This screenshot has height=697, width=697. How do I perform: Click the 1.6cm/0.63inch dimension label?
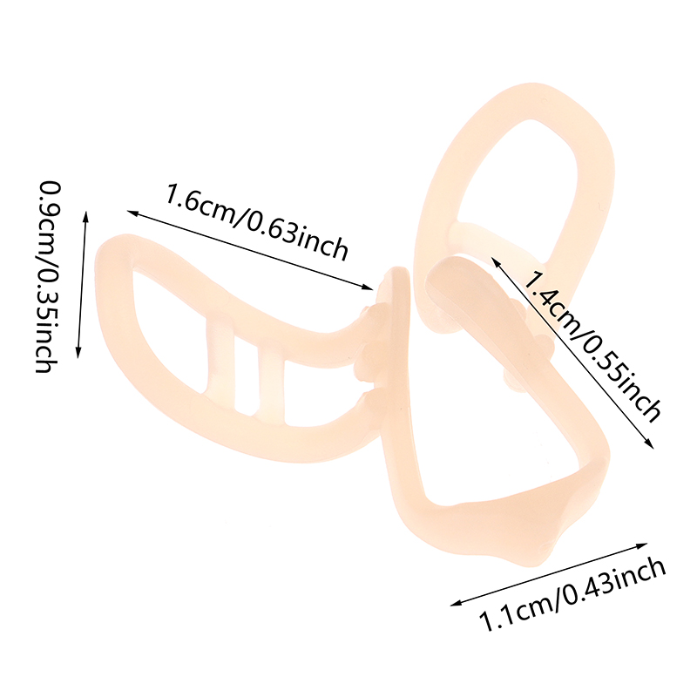click(257, 222)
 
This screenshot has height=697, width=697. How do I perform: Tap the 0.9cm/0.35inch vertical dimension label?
click(48, 276)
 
